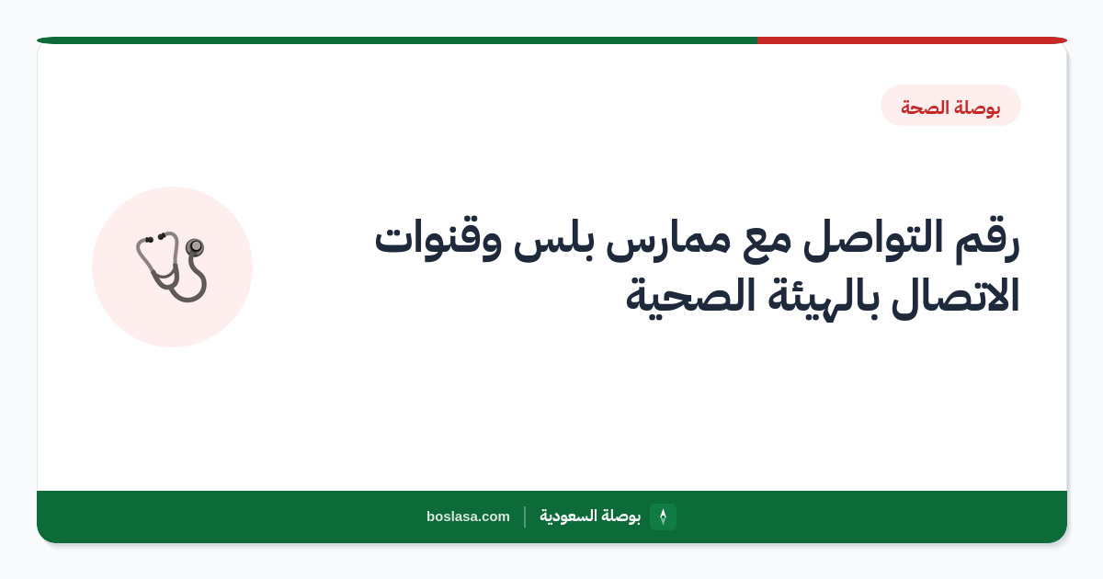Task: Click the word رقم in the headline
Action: click(987, 241)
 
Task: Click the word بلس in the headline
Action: click(554, 240)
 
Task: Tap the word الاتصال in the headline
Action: click(955, 296)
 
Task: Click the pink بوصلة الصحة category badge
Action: click(950, 106)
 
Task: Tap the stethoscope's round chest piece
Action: click(195, 246)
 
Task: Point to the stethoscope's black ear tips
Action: click(155, 238)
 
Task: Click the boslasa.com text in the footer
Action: click(468, 517)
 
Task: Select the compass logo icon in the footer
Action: click(663, 517)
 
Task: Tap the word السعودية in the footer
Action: click(568, 516)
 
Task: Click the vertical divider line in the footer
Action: click(525, 517)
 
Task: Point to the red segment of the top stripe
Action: click(912, 40)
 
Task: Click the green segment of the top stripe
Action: click(397, 40)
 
